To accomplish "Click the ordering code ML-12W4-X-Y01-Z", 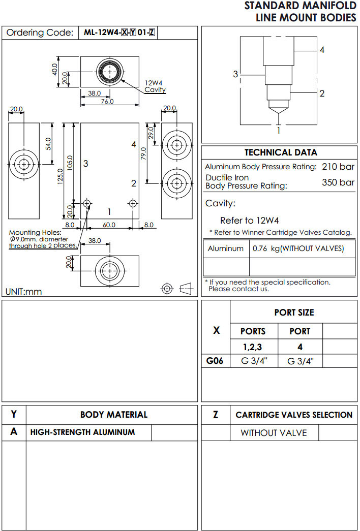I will coord(119,33).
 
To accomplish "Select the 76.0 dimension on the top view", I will coord(107,101).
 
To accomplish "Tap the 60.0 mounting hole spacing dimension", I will coord(109,225).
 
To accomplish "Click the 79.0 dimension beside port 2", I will coord(144,153).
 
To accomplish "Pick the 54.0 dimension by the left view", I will coord(48,144).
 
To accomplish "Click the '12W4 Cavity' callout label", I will coord(155,86).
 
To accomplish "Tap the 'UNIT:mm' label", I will coord(24,292).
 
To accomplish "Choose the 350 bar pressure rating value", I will coord(338,182).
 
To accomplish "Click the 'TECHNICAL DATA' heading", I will coord(281,152).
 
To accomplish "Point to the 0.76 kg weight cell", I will coord(298,248).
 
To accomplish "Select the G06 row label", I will coord(216,361).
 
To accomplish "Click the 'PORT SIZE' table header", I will coord(294,313).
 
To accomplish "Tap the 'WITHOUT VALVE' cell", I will coord(274,433).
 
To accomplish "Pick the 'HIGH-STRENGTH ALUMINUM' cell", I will coord(82,432).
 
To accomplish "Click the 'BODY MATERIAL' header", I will coord(114,415).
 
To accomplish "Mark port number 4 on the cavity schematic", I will coord(322,50).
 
